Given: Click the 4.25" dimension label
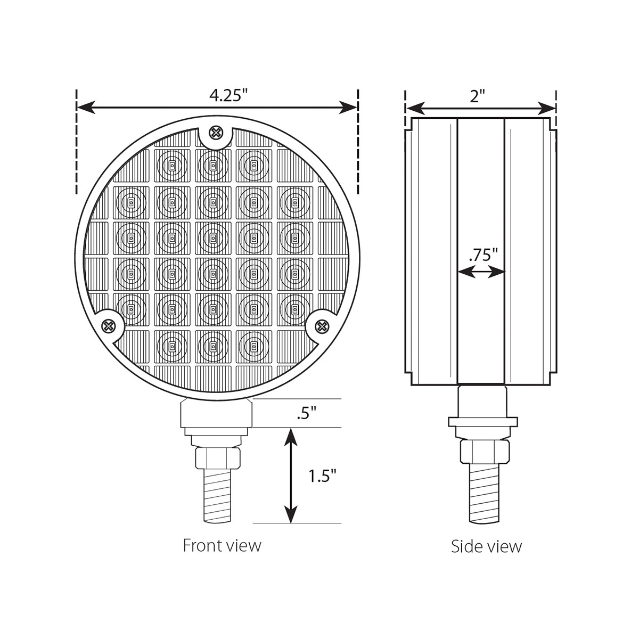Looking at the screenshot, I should point(228,95).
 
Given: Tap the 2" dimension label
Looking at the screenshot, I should point(478,96).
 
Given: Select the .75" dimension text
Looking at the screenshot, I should point(483,254).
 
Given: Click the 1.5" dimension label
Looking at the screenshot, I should point(323,476).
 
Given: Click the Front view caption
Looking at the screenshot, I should point(222,545).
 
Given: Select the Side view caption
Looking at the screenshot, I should point(486,546).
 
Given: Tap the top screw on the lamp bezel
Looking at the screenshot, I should point(216,133).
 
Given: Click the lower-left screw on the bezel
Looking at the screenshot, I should point(109,325).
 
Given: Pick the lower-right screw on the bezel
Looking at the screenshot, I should point(322,325).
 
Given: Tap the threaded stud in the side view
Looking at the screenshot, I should point(483,493).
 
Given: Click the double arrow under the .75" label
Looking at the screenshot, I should point(481,272).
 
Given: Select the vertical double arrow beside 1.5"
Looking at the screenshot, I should point(290,476).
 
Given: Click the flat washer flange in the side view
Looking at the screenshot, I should point(482,422).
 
